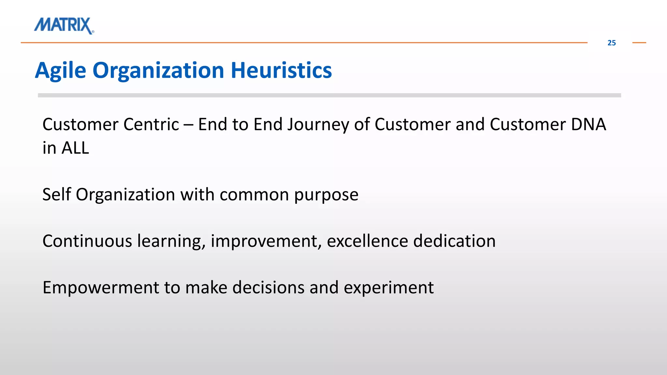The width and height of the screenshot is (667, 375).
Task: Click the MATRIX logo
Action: pyautogui.click(x=64, y=25)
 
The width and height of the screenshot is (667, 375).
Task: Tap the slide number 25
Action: pyautogui.click(x=611, y=43)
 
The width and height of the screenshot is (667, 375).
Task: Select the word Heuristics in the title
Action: pyautogui.click(x=281, y=71)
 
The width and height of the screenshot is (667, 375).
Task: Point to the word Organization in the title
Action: pyautogui.click(x=158, y=71)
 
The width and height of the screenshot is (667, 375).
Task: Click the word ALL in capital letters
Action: pyautogui.click(x=75, y=148)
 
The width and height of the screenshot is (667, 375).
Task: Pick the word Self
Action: pyautogui.click(x=57, y=195)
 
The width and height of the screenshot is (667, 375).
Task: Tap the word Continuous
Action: pyautogui.click(x=87, y=241)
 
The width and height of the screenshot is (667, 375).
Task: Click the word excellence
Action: pyautogui.click(x=367, y=241)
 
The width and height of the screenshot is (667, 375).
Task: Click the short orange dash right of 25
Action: pyautogui.click(x=639, y=43)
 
